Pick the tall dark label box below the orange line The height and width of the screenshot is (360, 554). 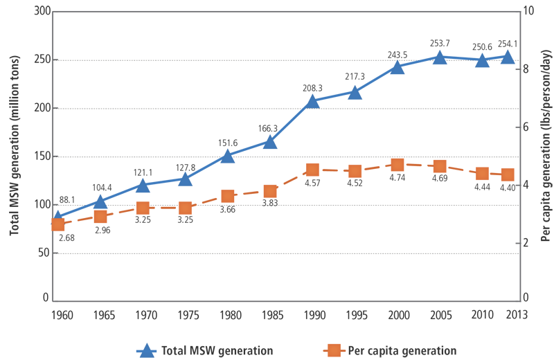226,219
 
